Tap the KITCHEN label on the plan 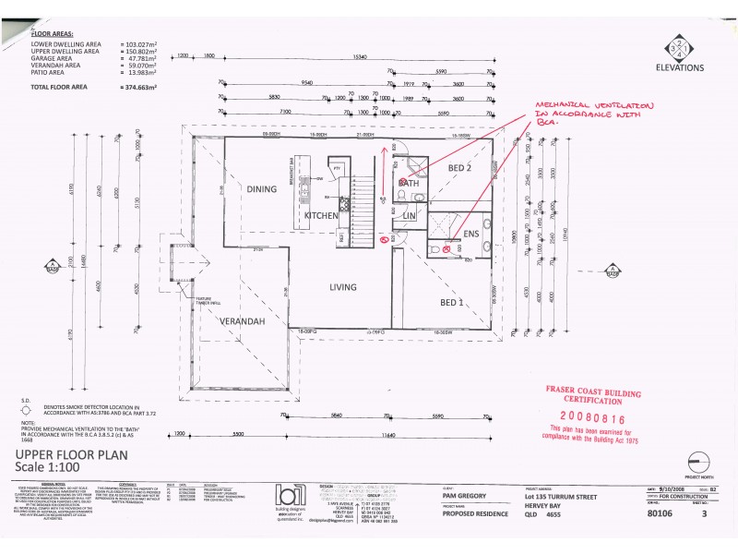tap(323, 215)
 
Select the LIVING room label tap(343, 288)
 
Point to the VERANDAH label tap(242, 320)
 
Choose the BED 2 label tap(460, 168)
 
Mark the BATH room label tap(409, 184)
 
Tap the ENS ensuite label tap(471, 235)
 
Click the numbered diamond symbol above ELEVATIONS tap(681, 45)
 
